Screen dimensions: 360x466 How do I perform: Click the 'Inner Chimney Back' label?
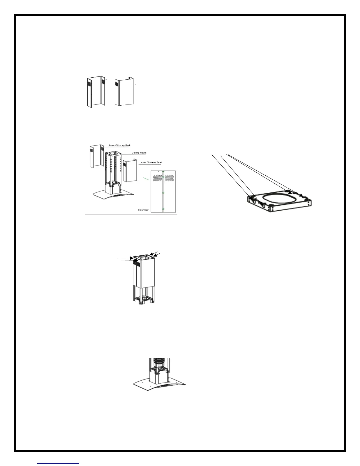[x=120, y=145]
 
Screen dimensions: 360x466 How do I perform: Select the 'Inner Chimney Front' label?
[x=151, y=162]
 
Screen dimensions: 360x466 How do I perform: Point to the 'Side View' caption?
[x=144, y=210]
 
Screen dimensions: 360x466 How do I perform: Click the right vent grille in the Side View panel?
[x=170, y=178]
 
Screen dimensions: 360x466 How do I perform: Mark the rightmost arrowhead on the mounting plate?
[x=301, y=195]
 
